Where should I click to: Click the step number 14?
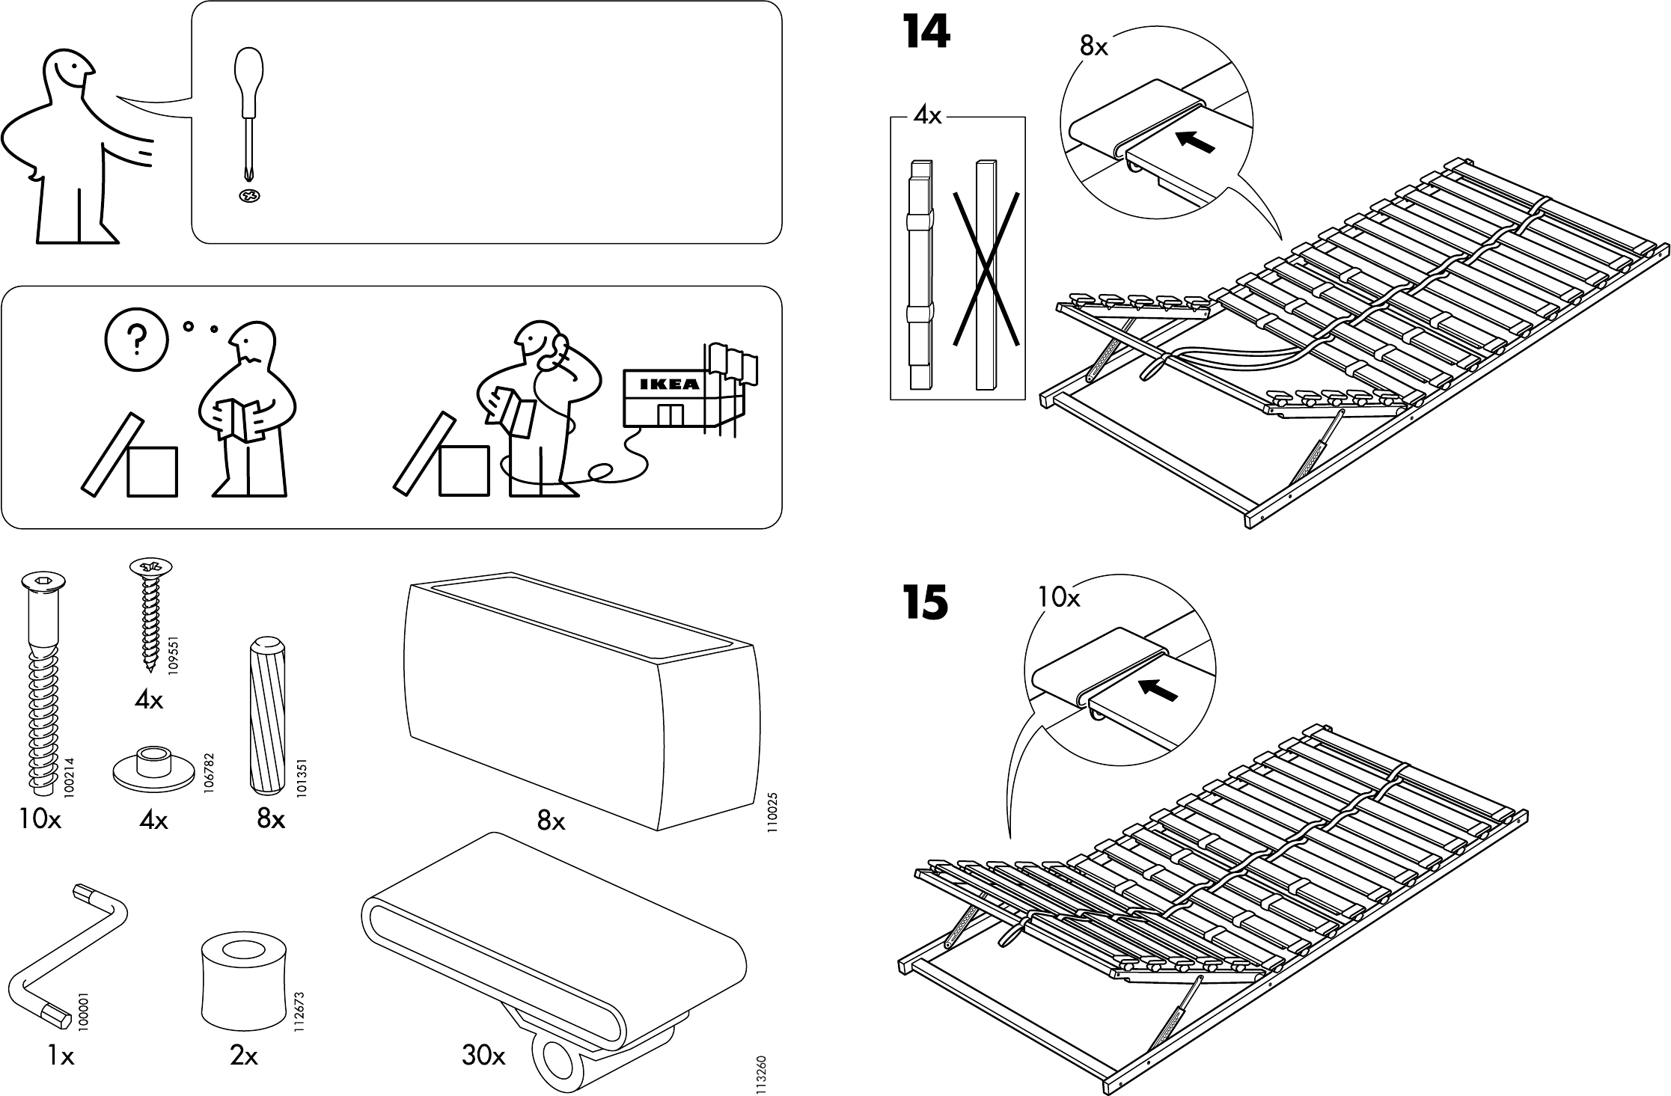[x=926, y=33]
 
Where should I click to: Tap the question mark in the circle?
[x=137, y=341]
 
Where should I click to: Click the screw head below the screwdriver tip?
[x=250, y=196]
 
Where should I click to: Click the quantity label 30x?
[x=483, y=1056]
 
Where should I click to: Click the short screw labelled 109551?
[x=151, y=620]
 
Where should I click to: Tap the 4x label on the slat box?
[x=928, y=117]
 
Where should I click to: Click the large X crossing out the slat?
[x=986, y=271]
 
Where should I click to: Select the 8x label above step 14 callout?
[x=1093, y=46]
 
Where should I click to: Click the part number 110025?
[x=772, y=812]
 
